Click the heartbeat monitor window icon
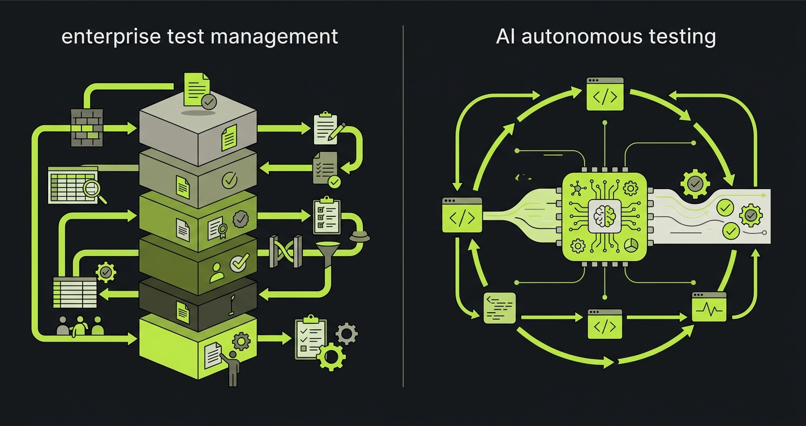click(709, 308)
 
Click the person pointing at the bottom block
click(232, 368)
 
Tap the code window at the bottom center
click(604, 324)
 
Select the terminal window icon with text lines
click(499, 308)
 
